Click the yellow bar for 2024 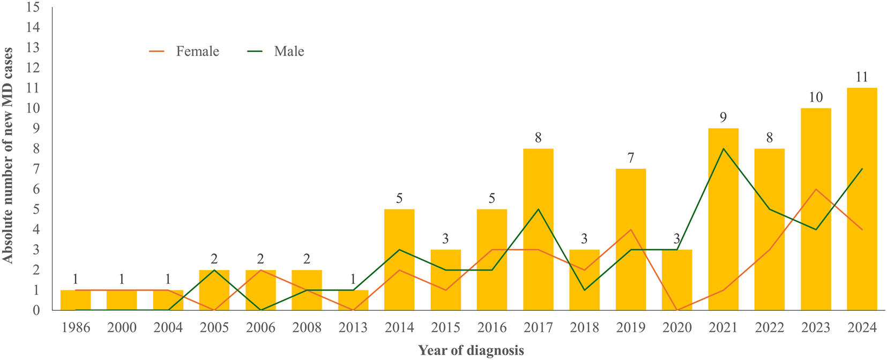click(862, 199)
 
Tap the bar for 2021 click(723, 219)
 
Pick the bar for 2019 click(631, 239)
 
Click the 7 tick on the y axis click(35, 169)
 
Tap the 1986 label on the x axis click(76, 328)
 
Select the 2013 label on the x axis click(353, 328)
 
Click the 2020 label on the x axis click(677, 328)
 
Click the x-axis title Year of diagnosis click(471, 351)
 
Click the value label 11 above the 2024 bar click(862, 77)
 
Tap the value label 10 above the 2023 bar click(816, 97)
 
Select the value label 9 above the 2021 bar click(723, 117)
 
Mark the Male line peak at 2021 click(723, 149)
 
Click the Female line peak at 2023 click(816, 189)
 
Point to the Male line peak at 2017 click(538, 209)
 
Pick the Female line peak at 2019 click(631, 230)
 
